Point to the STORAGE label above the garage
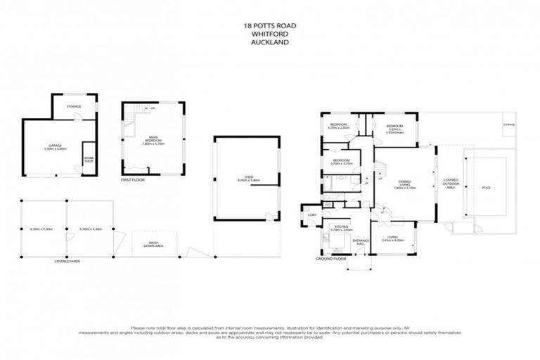click(x=74, y=106)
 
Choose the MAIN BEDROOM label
click(x=152, y=140)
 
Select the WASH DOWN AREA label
click(x=153, y=244)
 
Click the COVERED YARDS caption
click(x=67, y=260)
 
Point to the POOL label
click(x=487, y=188)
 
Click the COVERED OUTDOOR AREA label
click(x=450, y=184)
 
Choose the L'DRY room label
click(x=311, y=214)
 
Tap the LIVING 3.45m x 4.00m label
click(x=392, y=239)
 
